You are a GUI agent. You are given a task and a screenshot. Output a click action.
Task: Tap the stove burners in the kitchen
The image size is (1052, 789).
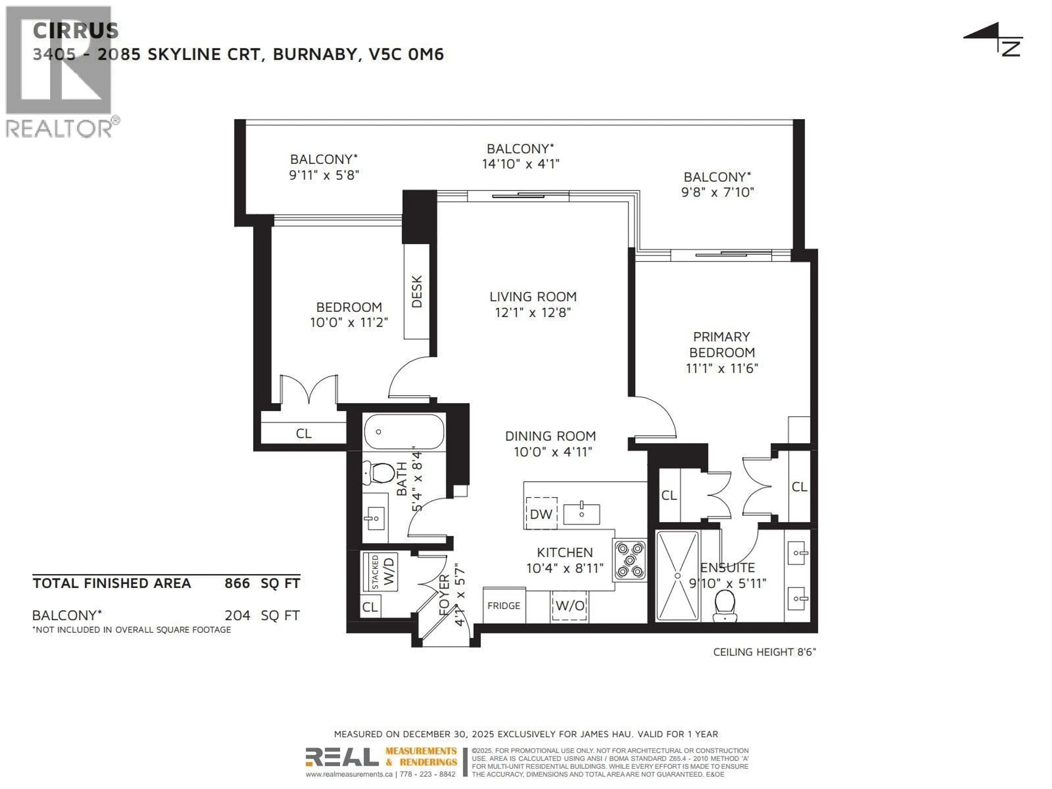(629, 560)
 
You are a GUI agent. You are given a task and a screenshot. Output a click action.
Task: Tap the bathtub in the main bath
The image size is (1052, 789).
(404, 432)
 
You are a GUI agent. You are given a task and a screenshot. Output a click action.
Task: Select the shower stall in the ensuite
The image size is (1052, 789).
(677, 576)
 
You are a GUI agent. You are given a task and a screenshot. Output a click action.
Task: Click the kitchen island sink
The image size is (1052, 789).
(581, 514)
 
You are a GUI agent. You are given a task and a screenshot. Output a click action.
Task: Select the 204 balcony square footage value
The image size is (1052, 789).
(237, 615)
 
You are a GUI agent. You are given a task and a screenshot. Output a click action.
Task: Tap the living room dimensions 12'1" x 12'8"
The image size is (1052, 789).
(533, 313)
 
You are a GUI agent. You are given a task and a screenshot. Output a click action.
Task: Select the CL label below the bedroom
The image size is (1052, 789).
(304, 433)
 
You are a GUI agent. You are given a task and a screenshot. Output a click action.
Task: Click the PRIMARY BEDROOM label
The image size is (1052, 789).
(721, 344)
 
